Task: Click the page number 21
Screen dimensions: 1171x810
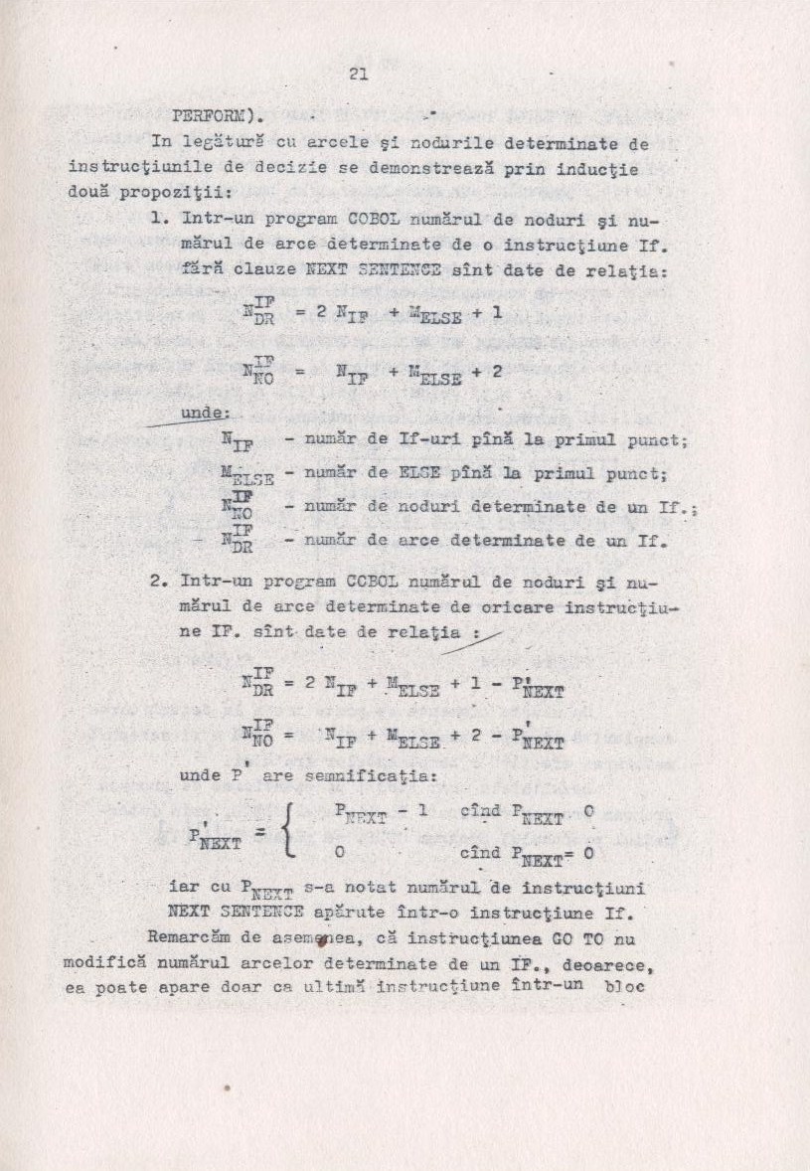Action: click(x=359, y=73)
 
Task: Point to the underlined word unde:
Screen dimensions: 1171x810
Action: click(x=204, y=412)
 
